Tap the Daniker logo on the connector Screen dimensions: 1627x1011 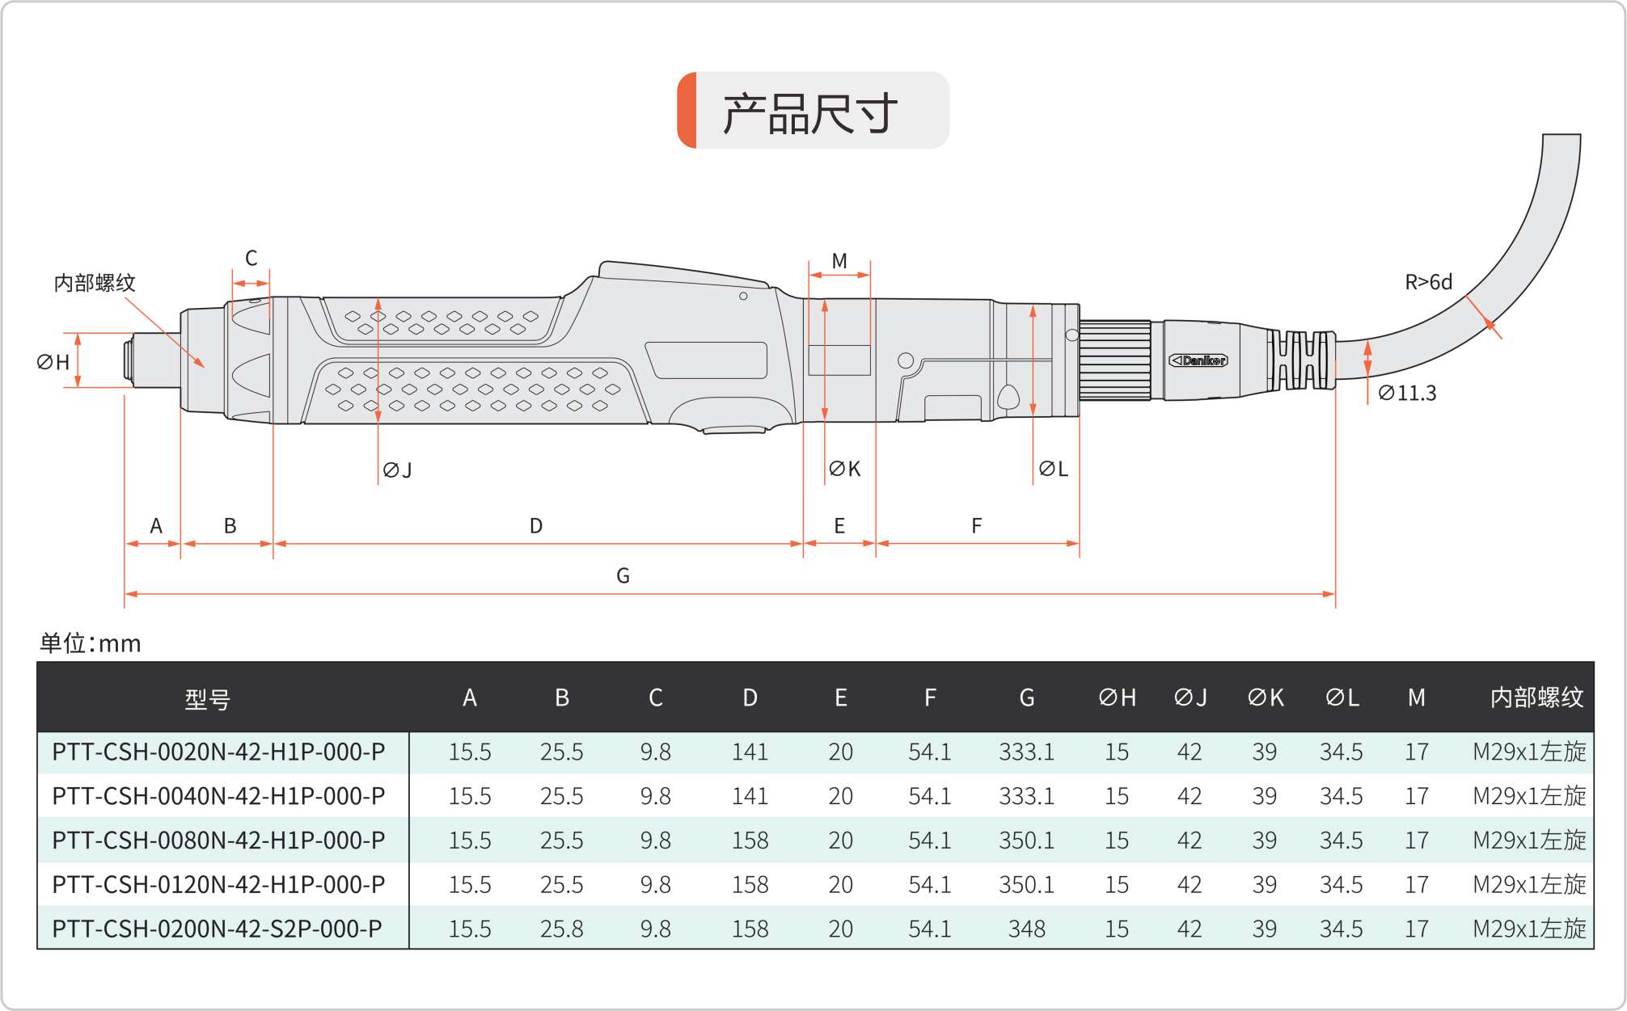click(x=1198, y=360)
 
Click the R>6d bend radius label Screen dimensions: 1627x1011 click(x=1428, y=282)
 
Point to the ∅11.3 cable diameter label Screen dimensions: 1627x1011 click(x=1407, y=393)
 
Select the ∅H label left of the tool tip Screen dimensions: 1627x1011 click(x=53, y=362)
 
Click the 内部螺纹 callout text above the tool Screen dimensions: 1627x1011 click(x=95, y=283)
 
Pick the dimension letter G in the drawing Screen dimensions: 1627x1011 click(x=623, y=575)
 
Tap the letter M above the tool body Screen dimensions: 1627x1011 click(x=839, y=261)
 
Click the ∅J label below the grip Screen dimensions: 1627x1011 click(x=398, y=470)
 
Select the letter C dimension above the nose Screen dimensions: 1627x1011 click(x=251, y=258)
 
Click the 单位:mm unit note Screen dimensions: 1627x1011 click(x=91, y=643)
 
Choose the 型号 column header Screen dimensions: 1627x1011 click(x=208, y=698)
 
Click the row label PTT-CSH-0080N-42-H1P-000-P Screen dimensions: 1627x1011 click(x=218, y=840)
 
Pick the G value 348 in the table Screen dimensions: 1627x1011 click(x=1027, y=929)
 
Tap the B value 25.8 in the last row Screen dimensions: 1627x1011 click(x=562, y=929)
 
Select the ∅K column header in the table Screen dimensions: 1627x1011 click(x=1266, y=697)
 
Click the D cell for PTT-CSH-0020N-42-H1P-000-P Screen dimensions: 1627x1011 click(x=750, y=752)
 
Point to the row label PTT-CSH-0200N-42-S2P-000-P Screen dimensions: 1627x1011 click(x=217, y=929)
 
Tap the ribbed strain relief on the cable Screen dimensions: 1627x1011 click(x=1300, y=360)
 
